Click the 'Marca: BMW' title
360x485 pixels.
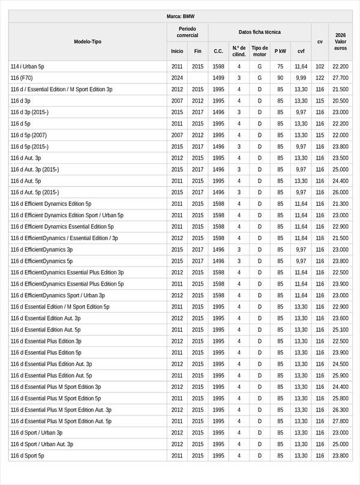(x=180, y=16)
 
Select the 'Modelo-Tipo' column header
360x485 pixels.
(x=88, y=41)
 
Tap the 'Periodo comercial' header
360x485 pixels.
(x=188, y=32)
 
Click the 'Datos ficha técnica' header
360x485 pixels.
(x=259, y=32)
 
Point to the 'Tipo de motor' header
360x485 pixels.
(x=260, y=51)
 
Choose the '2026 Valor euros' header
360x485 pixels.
(x=340, y=41)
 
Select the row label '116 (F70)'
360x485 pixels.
(x=22, y=78)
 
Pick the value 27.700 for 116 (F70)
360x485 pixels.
(x=340, y=78)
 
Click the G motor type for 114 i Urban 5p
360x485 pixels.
(x=260, y=67)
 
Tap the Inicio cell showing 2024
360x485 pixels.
(x=177, y=78)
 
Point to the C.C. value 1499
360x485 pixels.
(x=218, y=78)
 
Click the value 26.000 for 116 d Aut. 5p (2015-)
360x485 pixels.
(x=340, y=193)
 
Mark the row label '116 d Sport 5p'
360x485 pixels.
(x=28, y=456)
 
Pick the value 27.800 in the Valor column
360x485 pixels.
(x=340, y=421)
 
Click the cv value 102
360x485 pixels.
(x=320, y=67)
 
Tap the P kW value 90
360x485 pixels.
(x=280, y=78)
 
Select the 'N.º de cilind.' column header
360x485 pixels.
(x=239, y=51)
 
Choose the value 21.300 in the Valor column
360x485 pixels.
(x=340, y=204)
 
